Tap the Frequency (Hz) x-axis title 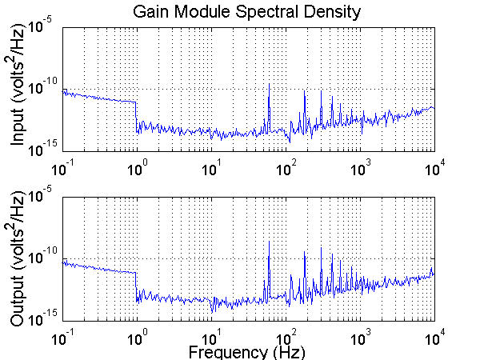click(247, 351)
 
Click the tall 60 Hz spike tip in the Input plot click(269, 84)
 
